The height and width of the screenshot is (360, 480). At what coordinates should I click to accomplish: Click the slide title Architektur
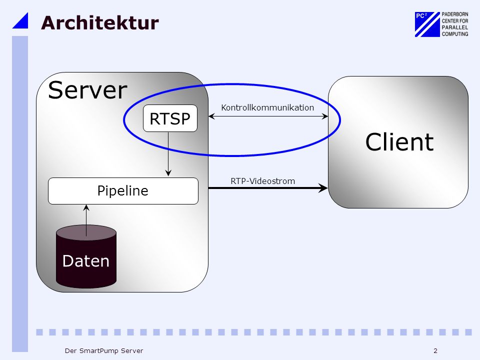[x=100, y=22]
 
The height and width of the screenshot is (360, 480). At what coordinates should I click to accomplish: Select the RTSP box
[x=170, y=118]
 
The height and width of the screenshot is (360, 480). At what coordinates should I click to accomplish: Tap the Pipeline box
[x=123, y=190]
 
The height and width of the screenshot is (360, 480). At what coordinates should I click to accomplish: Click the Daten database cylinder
[x=86, y=256]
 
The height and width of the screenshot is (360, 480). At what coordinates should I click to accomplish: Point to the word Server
[x=87, y=90]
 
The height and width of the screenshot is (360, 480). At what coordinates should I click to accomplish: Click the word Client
[x=399, y=142]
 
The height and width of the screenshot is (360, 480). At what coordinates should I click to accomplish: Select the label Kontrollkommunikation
[x=267, y=108]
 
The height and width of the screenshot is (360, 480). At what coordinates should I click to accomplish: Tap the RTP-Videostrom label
[x=263, y=181]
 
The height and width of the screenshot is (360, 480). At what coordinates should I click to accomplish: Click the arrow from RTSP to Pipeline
[x=168, y=154]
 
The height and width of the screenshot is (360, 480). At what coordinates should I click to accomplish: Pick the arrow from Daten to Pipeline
[x=86, y=220]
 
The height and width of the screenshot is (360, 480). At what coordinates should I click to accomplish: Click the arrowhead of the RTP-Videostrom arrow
[x=322, y=188]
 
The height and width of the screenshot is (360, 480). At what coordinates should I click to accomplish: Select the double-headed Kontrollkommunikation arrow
[x=268, y=116]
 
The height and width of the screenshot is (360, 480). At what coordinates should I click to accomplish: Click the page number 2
[x=435, y=351]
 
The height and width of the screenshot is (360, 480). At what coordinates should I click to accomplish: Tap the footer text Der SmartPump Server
[x=104, y=351]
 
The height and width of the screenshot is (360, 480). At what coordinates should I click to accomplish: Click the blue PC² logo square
[x=427, y=24]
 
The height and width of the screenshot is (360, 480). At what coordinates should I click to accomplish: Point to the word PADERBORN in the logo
[x=455, y=14]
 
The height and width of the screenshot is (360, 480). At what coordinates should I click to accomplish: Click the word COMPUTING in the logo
[x=455, y=34]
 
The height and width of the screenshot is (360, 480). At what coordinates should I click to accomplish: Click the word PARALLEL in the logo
[x=455, y=27]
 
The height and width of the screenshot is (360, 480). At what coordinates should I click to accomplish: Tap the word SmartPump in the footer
[x=98, y=351]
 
